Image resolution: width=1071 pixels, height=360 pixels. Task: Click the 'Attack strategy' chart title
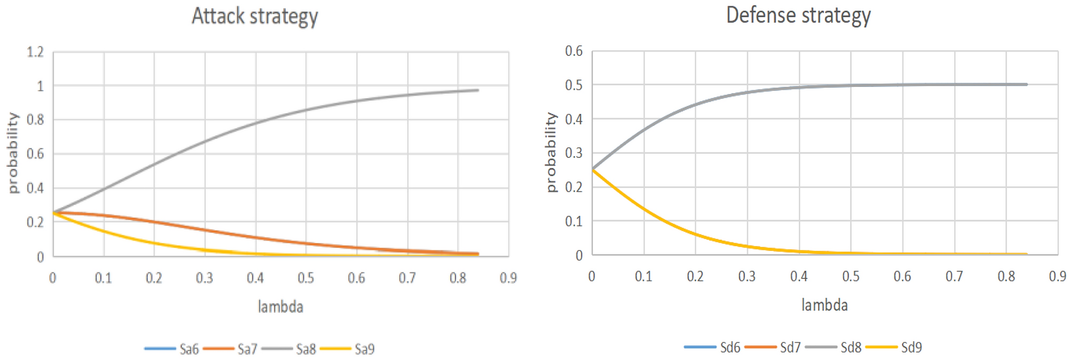pos(255,16)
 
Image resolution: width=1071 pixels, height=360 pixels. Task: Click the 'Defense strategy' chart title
pos(798,15)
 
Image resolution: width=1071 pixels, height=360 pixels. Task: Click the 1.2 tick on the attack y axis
pos(35,52)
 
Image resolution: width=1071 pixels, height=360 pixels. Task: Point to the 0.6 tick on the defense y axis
pos(574,51)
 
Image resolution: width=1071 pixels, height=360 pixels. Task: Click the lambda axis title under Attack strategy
pos(280,307)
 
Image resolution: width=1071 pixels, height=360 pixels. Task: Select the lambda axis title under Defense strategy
pos(824,305)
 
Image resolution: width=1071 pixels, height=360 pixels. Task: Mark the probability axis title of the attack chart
pos(13,153)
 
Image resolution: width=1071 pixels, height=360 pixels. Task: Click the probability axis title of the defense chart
pos(551,153)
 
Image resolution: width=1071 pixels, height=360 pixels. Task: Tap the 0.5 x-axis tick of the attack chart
pos(306,278)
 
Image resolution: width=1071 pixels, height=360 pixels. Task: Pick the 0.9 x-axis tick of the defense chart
pos(1057,276)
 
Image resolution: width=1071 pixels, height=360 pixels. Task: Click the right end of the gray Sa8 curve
pos(477,90)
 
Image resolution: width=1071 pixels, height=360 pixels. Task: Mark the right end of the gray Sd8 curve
pos(1026,84)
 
